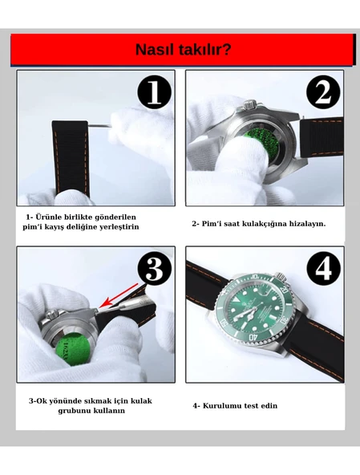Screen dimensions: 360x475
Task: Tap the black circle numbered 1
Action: click(x=154, y=92)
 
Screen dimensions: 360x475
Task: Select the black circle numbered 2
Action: click(x=323, y=92)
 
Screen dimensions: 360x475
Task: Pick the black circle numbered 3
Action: click(x=155, y=269)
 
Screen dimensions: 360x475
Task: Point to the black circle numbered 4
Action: click(x=323, y=269)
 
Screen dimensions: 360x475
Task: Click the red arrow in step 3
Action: click(x=119, y=295)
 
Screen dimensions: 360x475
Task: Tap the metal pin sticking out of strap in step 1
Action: click(x=99, y=125)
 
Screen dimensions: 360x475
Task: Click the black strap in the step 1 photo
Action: click(x=71, y=157)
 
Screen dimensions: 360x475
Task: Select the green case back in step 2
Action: click(x=260, y=144)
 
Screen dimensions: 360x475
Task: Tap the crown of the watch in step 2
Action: click(x=250, y=104)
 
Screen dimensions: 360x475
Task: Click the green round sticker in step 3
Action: click(x=74, y=349)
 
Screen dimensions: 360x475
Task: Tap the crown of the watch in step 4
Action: click(x=280, y=276)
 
